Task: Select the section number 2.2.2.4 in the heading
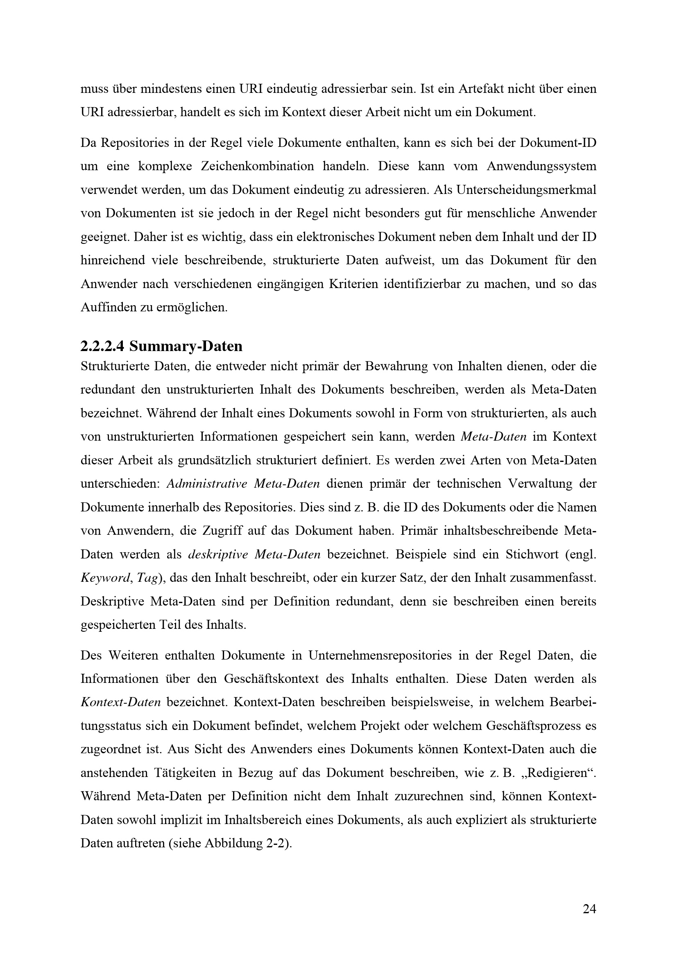(x=102, y=346)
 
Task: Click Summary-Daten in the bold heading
(x=186, y=346)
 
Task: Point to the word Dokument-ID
(x=558, y=142)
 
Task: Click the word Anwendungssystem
(x=541, y=166)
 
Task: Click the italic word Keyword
(x=105, y=578)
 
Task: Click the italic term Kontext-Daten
(x=120, y=703)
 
